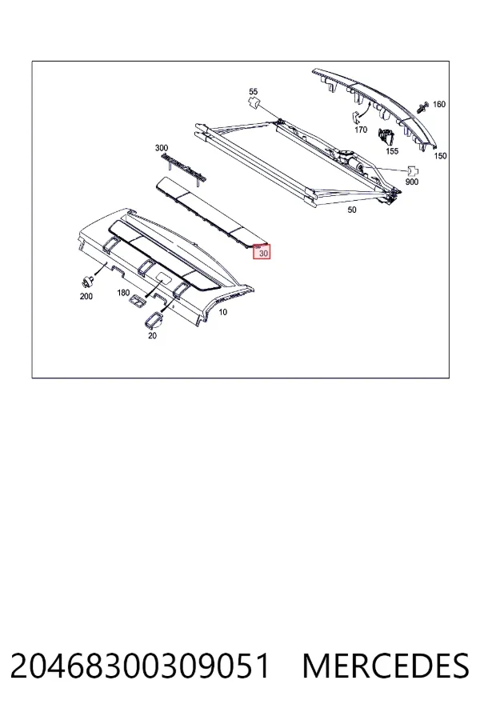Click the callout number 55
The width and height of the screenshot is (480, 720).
pyautogui.click(x=253, y=92)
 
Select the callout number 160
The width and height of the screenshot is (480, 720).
pyautogui.click(x=439, y=104)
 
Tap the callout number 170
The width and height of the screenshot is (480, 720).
pyautogui.click(x=361, y=130)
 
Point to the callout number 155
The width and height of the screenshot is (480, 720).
pyautogui.click(x=392, y=151)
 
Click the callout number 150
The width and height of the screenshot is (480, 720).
pyautogui.click(x=440, y=156)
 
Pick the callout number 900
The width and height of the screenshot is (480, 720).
pyautogui.click(x=412, y=182)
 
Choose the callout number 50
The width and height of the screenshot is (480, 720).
pyautogui.click(x=351, y=210)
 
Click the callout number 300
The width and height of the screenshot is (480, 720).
pyautogui.click(x=162, y=148)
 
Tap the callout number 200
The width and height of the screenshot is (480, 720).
pyautogui.click(x=86, y=297)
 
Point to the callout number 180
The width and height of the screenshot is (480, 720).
pyautogui.click(x=123, y=293)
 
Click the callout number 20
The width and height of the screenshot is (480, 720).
pyautogui.click(x=152, y=336)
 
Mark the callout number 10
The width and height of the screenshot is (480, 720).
pyautogui.click(x=222, y=312)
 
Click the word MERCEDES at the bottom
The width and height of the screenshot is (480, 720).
pyautogui.click(x=386, y=666)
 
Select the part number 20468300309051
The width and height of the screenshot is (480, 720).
pyautogui.click(x=140, y=666)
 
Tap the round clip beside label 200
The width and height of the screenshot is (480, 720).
pyautogui.click(x=86, y=282)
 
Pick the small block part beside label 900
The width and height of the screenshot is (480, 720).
pyautogui.click(x=413, y=172)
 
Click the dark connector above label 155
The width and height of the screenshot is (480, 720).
pyautogui.click(x=386, y=136)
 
